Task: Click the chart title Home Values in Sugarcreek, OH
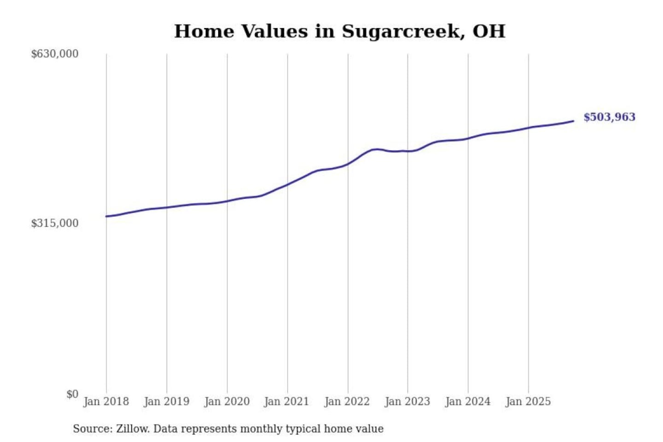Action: click(x=340, y=31)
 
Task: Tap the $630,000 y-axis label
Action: click(x=55, y=54)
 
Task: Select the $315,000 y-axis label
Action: click(x=55, y=223)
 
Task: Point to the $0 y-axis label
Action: click(x=72, y=394)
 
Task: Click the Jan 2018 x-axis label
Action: click(x=106, y=401)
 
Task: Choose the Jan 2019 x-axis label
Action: click(x=166, y=401)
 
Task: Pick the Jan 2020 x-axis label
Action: click(x=227, y=401)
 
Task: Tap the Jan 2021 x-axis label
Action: click(x=286, y=401)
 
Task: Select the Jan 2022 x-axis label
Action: click(x=347, y=401)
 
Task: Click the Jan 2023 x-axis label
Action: click(x=407, y=401)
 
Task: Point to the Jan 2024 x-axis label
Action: click(x=467, y=401)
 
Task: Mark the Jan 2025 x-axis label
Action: click(x=528, y=401)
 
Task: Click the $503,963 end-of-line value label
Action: click(x=609, y=117)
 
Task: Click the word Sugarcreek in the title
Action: click(x=400, y=31)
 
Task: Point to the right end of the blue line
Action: click(x=573, y=121)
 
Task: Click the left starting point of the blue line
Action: click(x=106, y=216)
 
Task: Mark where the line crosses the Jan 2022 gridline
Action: click(x=348, y=163)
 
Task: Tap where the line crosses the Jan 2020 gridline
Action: click(x=227, y=201)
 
